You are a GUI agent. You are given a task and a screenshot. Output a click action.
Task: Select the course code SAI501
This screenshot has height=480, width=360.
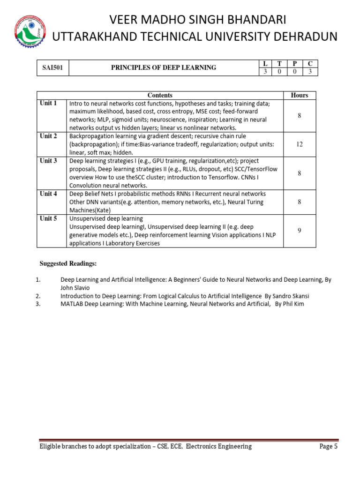[53, 67]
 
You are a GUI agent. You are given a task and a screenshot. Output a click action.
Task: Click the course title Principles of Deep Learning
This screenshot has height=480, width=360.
[164, 67]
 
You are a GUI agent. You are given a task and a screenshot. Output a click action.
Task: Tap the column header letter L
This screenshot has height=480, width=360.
[266, 63]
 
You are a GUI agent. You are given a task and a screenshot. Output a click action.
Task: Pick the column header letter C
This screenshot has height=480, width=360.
[310, 63]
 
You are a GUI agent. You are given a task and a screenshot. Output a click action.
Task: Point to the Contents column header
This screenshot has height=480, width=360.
[160, 95]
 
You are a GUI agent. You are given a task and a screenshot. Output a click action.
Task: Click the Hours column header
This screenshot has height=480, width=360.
[300, 95]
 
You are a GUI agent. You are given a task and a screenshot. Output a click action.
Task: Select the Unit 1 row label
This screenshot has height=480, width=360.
[48, 103]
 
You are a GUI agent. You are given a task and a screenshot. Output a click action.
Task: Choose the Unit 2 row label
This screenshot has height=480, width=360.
[48, 136]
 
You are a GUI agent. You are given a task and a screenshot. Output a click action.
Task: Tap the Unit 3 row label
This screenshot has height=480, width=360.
[48, 161]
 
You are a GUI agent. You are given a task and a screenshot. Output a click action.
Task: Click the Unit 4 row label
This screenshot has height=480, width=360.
[48, 194]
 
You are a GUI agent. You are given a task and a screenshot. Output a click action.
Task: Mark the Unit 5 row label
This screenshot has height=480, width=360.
[48, 218]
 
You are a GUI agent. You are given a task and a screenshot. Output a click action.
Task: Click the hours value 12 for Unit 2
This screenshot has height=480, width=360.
[300, 144]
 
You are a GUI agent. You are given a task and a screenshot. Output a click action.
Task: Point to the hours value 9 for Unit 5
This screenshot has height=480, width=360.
[300, 231]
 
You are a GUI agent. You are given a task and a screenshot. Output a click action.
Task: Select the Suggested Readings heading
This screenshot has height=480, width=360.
[68, 264]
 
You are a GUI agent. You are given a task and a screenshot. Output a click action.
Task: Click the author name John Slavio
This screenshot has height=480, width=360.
[75, 288]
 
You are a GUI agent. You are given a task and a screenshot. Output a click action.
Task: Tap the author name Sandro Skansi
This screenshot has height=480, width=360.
[292, 296]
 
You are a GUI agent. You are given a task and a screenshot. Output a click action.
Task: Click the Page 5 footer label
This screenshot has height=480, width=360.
[329, 447]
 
